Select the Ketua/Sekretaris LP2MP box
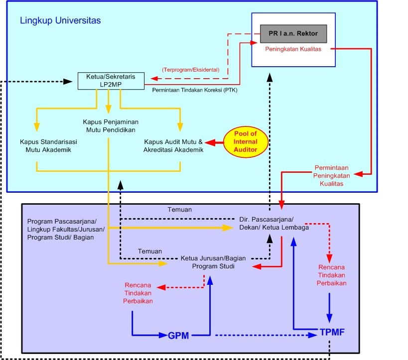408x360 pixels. [111, 81]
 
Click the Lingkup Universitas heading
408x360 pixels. [60, 21]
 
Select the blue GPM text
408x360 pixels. [178, 335]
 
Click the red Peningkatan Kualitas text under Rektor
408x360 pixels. [293, 50]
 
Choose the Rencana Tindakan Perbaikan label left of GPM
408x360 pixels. [139, 293]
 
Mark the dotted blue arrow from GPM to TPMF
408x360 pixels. [267, 336]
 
